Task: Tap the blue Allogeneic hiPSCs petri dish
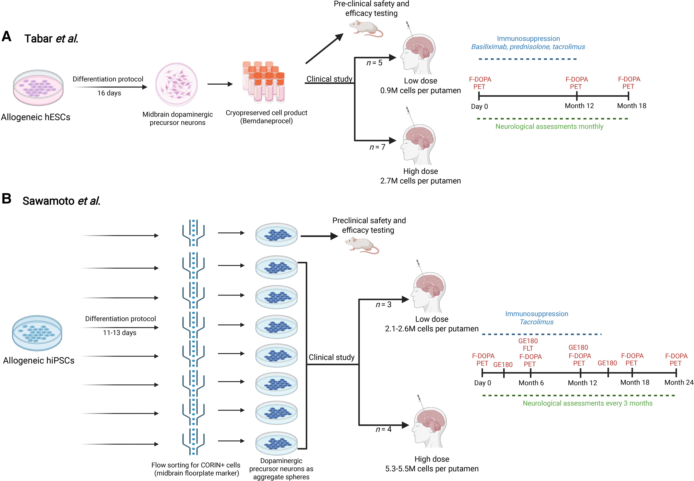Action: (37, 333)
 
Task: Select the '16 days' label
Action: (109, 93)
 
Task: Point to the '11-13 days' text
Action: (120, 333)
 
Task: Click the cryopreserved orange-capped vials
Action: (264, 82)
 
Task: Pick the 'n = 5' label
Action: (374, 63)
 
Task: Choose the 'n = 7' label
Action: (377, 147)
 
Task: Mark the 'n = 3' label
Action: (383, 305)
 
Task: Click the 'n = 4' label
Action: (383, 429)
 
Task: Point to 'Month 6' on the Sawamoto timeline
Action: (531, 383)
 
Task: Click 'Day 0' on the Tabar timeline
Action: (479, 106)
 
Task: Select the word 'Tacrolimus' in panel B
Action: (537, 322)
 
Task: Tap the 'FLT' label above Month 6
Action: (528, 348)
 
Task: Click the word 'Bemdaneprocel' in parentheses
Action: (266, 121)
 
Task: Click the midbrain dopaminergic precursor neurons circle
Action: (177, 85)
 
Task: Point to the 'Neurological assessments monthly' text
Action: (549, 127)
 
